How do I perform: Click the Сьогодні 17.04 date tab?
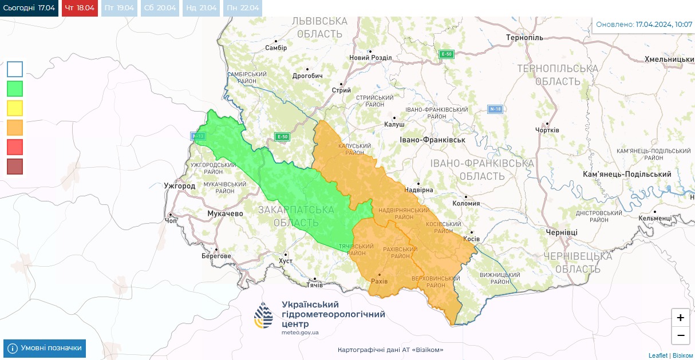tap(29, 8)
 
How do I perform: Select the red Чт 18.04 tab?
tap(80, 8)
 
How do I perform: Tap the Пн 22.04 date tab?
tap(243, 8)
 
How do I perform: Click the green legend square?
tap(15, 89)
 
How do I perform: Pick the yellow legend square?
tap(15, 108)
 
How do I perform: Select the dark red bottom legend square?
tap(15, 167)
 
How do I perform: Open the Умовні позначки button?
tap(45, 348)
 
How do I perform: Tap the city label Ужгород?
tap(179, 186)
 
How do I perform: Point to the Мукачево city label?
tap(224, 213)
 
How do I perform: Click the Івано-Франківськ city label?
tap(432, 140)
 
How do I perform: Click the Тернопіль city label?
tap(524, 38)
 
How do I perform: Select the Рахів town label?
tap(379, 282)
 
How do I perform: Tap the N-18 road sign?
tap(495, 109)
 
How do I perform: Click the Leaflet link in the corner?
tap(658, 355)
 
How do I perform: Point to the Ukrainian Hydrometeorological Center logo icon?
tap(264, 316)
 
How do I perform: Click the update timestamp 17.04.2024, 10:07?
tap(664, 25)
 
